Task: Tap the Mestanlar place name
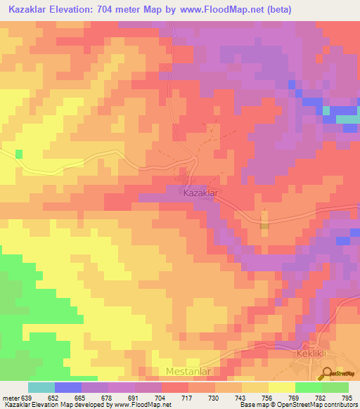[x=188, y=370]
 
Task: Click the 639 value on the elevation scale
[x=27, y=397]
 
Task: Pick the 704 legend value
[x=161, y=397]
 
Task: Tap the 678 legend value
[x=108, y=397]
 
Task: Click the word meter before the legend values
[x=10, y=397]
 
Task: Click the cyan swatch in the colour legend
[x=41, y=387]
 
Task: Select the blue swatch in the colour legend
[x=68, y=387]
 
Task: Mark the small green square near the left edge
[x=18, y=153]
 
